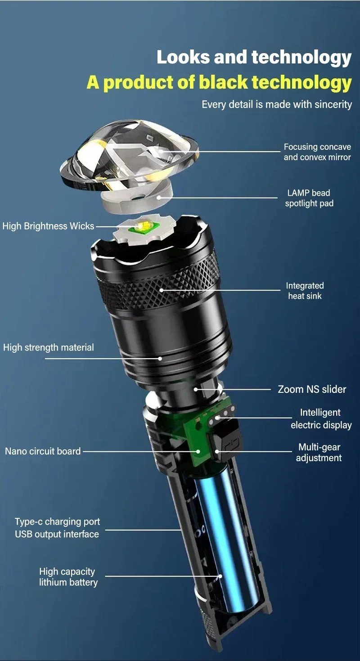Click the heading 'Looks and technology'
[254, 58]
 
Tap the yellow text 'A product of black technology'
[219, 82]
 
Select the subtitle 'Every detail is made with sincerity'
[276, 104]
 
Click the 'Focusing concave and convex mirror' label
[317, 152]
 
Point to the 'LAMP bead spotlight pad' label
[309, 198]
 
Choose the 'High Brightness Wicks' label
[48, 226]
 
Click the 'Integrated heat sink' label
[305, 291]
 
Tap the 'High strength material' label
[49, 347]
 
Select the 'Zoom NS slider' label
[312, 389]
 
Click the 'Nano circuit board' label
[43, 451]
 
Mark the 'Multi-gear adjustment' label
[319, 453]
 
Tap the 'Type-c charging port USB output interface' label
[57, 528]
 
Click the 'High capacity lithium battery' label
[68, 577]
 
